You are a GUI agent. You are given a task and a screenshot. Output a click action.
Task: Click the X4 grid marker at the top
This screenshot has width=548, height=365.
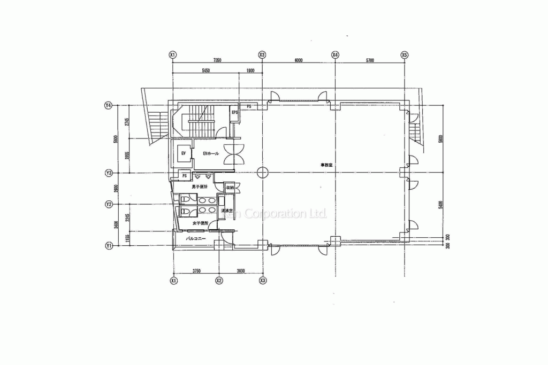coord(335,55)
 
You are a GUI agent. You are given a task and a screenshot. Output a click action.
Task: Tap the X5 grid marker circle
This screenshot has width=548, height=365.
coord(405,55)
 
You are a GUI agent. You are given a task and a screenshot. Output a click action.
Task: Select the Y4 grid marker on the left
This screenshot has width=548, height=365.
coord(109,106)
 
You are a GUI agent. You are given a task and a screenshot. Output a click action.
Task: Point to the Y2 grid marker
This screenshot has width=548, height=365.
coord(109,204)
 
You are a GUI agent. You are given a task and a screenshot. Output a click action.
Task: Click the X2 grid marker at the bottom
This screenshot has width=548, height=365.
coord(219,280)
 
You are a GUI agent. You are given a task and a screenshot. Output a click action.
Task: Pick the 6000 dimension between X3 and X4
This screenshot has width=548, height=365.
coord(298,60)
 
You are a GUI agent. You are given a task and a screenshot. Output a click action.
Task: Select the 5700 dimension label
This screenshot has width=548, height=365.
coord(370,60)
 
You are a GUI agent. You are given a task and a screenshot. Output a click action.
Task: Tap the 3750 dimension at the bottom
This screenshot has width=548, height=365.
coord(196,271)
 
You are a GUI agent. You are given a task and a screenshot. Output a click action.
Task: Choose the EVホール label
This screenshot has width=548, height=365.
coord(211,154)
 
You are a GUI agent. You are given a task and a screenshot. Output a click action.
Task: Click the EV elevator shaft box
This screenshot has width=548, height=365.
coord(183,154)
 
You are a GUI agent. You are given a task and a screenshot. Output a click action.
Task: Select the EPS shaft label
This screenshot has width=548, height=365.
coord(234,113)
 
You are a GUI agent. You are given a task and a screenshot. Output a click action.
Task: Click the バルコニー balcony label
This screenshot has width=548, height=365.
coord(196,239)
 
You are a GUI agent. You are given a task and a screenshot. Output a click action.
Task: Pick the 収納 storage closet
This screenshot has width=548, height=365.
coord(230,188)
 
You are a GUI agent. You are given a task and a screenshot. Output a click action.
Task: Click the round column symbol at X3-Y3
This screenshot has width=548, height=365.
coord(262,173)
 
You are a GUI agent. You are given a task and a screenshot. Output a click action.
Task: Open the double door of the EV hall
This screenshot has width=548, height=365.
coord(235,153)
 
